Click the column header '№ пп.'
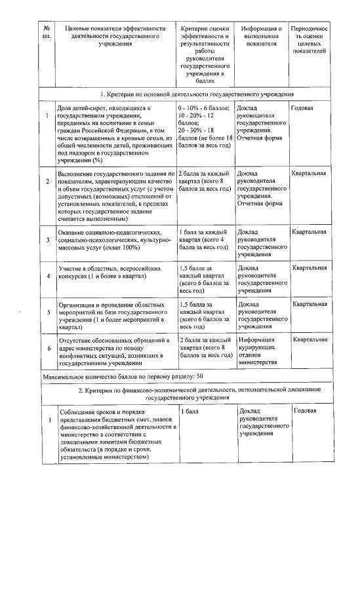pos(47,33)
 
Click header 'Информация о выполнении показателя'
pos(261,39)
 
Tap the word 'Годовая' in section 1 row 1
pos(303,107)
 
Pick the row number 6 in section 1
pos(47,348)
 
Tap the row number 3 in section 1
pos(47,240)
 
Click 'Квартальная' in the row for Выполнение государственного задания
pos(310,173)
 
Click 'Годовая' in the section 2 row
pos(305,411)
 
